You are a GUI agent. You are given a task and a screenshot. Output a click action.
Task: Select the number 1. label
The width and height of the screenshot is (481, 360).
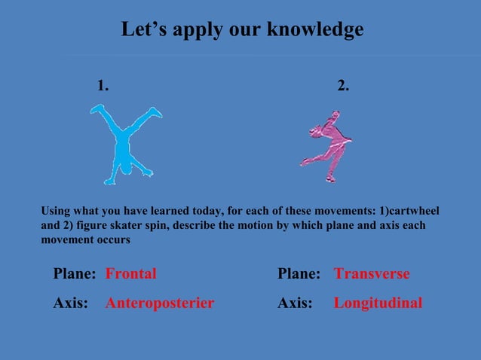103,87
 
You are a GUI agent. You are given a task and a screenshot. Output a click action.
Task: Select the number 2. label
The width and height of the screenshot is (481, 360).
343,87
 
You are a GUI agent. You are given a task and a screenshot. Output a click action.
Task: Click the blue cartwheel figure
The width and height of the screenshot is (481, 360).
121,144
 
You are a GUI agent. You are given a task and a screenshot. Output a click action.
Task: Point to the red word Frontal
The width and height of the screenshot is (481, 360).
131,274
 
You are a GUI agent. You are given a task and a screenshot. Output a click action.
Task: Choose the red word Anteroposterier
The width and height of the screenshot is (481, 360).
160,304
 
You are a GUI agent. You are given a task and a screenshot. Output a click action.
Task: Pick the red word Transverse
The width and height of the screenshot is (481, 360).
372,274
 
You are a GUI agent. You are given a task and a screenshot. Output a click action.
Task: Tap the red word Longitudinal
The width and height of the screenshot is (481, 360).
378,304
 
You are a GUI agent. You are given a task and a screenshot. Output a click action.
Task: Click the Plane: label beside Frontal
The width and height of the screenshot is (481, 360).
74,274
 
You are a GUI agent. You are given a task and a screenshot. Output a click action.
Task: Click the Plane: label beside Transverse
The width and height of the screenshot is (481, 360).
299,274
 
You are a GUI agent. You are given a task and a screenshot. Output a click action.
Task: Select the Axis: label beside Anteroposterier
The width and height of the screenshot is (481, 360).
70,304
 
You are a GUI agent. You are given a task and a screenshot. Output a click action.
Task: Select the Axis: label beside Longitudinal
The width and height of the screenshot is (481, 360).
295,304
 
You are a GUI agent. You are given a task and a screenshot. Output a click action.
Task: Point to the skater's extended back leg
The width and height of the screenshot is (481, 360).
311,160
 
